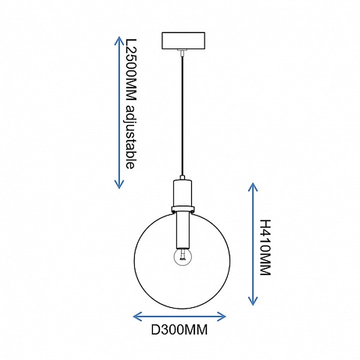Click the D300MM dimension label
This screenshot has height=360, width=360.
(x=179, y=330)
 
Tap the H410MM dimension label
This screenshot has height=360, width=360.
(x=265, y=247)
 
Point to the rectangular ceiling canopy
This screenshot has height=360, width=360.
(x=183, y=40)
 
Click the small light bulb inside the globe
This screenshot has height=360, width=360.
(x=182, y=257)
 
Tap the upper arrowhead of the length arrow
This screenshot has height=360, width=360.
(x=119, y=41)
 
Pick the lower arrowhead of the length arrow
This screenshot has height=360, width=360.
(x=119, y=184)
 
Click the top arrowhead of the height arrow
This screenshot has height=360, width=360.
(x=253, y=187)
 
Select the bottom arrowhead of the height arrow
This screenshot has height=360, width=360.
(x=253, y=301)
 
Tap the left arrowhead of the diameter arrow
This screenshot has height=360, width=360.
(x=137, y=316)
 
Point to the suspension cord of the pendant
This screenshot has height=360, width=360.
(x=182, y=115)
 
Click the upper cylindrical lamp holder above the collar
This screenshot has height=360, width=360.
(x=182, y=193)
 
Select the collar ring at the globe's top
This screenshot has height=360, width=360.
(x=183, y=209)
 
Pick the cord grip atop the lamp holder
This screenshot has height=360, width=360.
(x=182, y=177)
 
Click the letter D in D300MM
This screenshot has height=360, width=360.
(x=155, y=330)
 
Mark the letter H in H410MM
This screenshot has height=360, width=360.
(x=265, y=224)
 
